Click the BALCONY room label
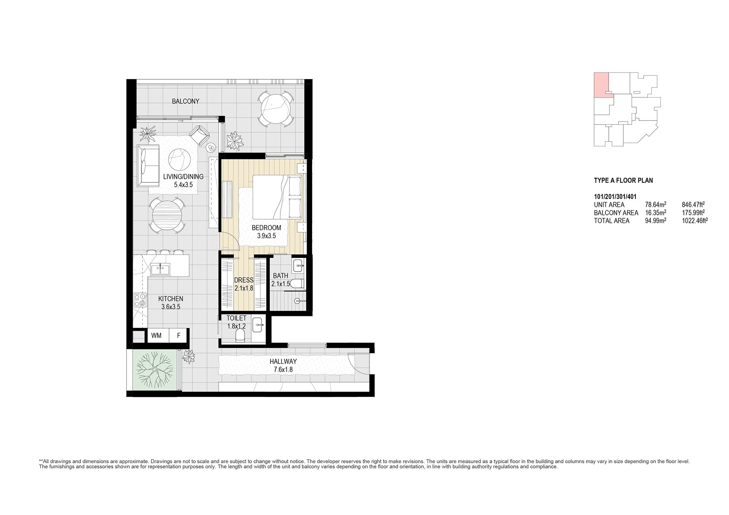[x=186, y=101]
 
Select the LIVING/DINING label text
[x=183, y=177]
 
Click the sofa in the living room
[x=148, y=166]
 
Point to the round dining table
[x=167, y=217]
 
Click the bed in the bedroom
[x=278, y=197]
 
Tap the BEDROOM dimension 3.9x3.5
[x=266, y=236]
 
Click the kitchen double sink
[x=160, y=269]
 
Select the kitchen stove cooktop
[x=140, y=300]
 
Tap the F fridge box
[x=179, y=335]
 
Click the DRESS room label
[x=244, y=280]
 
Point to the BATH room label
[x=281, y=276]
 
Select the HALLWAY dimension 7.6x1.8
[x=283, y=369]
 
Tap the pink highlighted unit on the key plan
[x=601, y=85]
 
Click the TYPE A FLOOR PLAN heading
[x=624, y=180]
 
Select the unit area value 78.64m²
[x=656, y=205]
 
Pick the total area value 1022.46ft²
[x=695, y=220]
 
